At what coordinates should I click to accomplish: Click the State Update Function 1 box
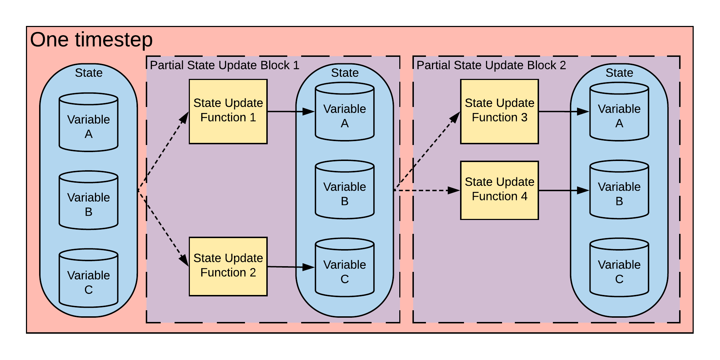(x=228, y=111)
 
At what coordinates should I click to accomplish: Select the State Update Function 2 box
(x=228, y=266)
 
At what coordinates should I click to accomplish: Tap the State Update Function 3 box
(x=499, y=111)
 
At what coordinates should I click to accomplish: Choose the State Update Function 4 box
(x=499, y=190)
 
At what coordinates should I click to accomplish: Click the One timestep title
(x=91, y=39)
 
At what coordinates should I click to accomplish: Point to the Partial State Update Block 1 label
(x=224, y=65)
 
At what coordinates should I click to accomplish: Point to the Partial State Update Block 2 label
(x=491, y=65)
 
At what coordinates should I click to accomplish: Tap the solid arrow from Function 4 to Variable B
(x=564, y=190)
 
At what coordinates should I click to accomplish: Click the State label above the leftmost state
(x=89, y=73)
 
